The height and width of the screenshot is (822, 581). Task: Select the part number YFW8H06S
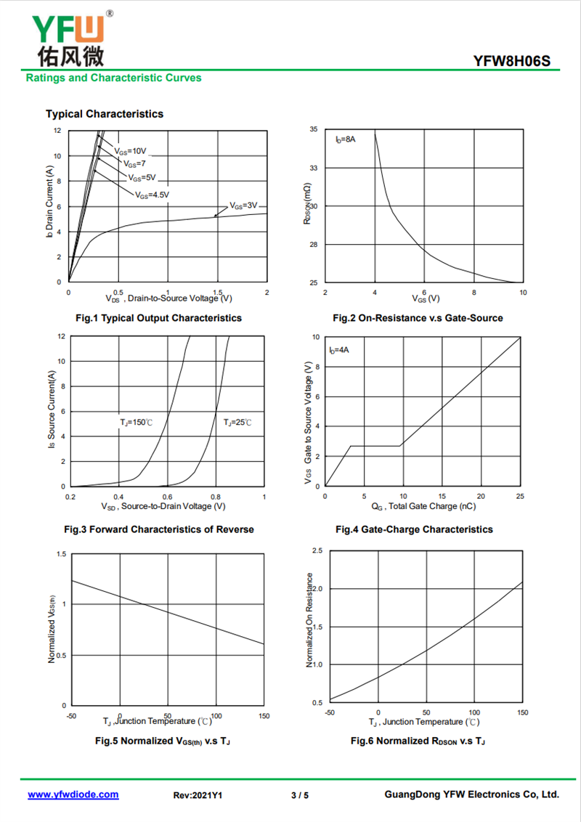coord(512,61)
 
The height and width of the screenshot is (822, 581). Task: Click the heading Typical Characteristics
coord(105,114)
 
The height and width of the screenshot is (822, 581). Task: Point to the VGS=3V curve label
coord(244,206)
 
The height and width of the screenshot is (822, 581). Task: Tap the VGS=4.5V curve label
coord(152,195)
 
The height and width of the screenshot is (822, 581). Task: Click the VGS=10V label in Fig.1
coord(131,152)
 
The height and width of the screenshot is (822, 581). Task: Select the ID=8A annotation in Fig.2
coord(346,139)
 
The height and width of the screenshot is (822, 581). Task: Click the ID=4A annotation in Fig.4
coord(339,350)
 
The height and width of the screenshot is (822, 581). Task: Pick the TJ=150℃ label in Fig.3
coord(137,423)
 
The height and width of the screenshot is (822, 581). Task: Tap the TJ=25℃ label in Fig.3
coord(237,423)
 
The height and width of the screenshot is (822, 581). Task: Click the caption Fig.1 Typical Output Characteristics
coord(159,317)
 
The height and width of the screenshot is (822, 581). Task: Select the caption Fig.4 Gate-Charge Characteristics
coord(414,529)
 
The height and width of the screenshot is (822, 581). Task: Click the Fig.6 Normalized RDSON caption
coord(418,741)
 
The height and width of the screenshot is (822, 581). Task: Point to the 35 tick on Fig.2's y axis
coord(314,129)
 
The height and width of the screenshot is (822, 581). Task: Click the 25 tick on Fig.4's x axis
coord(520,496)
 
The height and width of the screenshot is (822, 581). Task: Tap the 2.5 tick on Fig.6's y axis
coord(317,550)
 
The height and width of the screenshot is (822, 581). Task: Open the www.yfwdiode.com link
coord(73,794)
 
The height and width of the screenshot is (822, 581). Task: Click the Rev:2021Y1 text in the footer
coord(198,795)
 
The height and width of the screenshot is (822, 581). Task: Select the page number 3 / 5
coord(300,795)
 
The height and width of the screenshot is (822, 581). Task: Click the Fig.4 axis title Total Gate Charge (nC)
coord(423,506)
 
